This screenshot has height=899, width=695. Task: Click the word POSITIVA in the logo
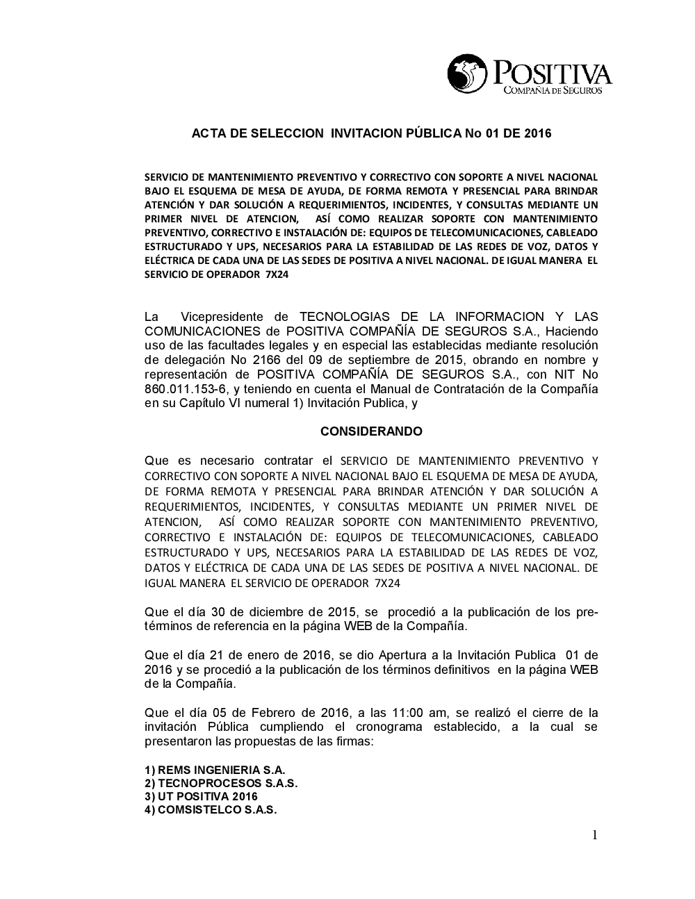[553, 73]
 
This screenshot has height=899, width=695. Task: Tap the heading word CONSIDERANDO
[371, 431]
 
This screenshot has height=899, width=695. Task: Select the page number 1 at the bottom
[594, 835]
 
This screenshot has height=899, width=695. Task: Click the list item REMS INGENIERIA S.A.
[215, 770]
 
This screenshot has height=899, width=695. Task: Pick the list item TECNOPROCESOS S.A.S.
[221, 784]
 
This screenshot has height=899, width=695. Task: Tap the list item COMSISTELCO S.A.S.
[211, 810]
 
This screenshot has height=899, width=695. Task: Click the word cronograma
[366, 727]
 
